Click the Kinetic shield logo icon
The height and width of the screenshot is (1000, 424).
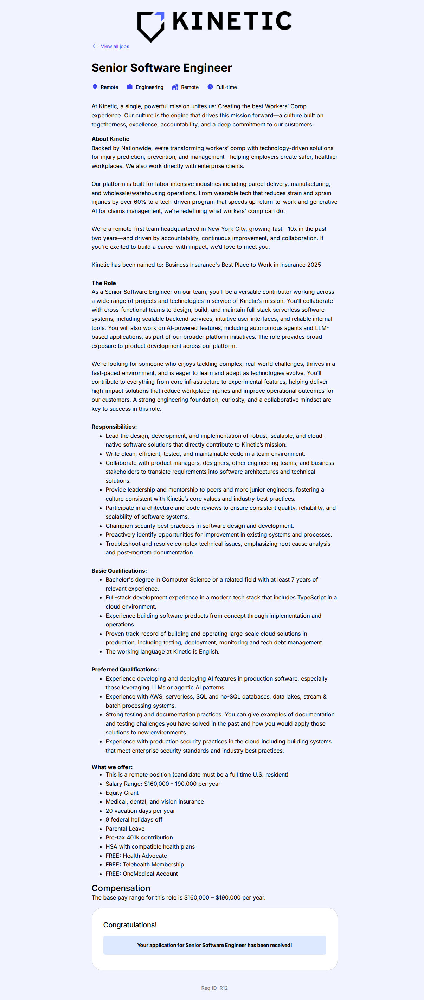pyautogui.click(x=151, y=26)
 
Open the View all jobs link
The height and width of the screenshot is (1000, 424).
pyautogui.click(x=115, y=47)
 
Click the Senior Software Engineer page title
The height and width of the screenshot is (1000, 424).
pyautogui.click(x=161, y=68)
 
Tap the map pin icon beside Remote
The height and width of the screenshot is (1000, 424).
pyautogui.click(x=95, y=87)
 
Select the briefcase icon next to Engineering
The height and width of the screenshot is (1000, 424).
pyautogui.click(x=130, y=87)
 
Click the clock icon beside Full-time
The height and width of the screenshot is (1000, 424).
pyautogui.click(x=210, y=87)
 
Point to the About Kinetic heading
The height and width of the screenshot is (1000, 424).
pyautogui.click(x=110, y=139)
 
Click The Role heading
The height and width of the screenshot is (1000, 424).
pyautogui.click(x=104, y=283)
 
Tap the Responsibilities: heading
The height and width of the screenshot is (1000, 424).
pyautogui.click(x=114, y=427)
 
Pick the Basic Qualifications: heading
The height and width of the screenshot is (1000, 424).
pyautogui.click(x=119, y=571)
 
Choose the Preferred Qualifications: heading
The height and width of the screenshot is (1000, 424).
pyautogui.click(x=125, y=670)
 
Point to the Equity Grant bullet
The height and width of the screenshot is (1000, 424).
pyautogui.click(x=122, y=793)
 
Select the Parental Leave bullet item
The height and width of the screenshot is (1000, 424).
pyautogui.click(x=125, y=829)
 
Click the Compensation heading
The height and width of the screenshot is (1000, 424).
pyautogui.click(x=121, y=888)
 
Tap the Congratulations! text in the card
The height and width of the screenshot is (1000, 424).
pyautogui.click(x=130, y=925)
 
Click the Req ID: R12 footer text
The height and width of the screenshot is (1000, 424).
pyautogui.click(x=214, y=988)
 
